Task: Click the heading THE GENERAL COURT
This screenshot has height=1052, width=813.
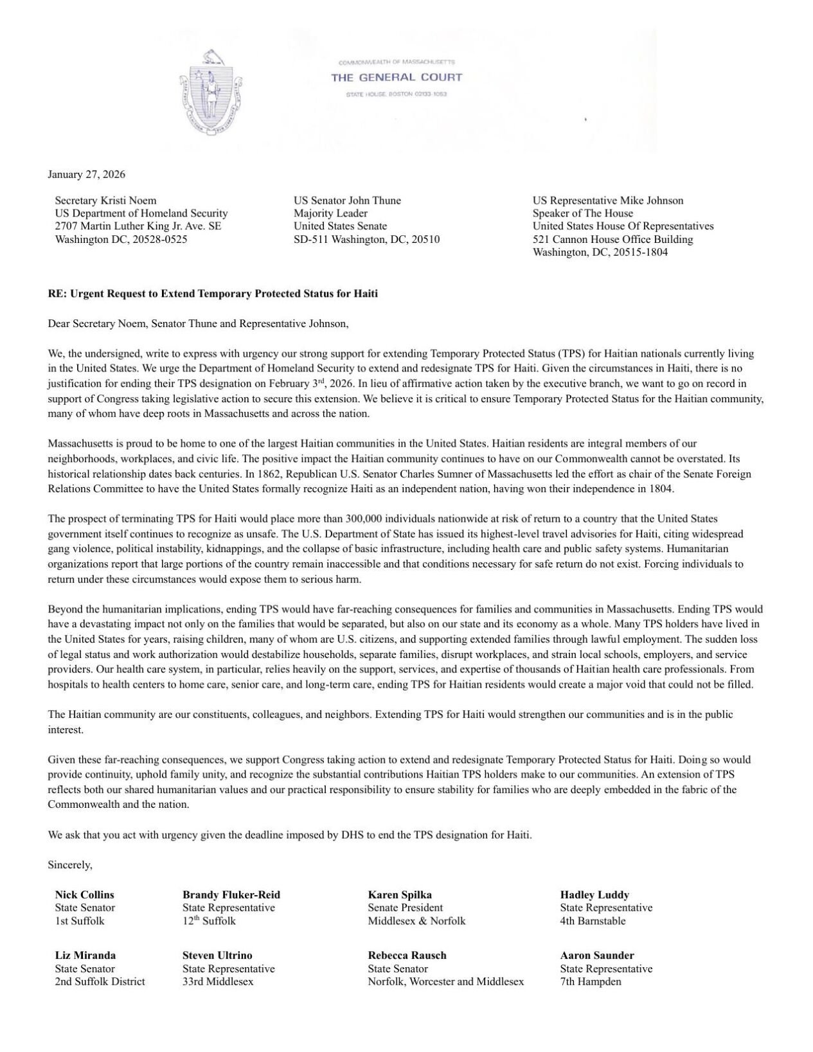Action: (x=397, y=78)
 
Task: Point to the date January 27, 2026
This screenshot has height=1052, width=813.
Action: (x=87, y=175)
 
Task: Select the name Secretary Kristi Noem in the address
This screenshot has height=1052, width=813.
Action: (x=105, y=201)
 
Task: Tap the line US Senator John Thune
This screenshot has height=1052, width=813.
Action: (x=347, y=201)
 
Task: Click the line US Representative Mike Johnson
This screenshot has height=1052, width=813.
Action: (x=608, y=201)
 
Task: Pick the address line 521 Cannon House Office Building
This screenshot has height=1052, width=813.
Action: (x=612, y=239)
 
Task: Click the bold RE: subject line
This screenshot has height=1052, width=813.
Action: (x=213, y=294)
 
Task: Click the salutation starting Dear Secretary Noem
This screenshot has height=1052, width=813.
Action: (x=198, y=323)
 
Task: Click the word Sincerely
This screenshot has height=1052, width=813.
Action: (x=70, y=865)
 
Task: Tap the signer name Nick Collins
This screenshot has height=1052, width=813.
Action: (x=85, y=895)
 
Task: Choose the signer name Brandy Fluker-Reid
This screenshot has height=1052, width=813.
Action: (x=231, y=895)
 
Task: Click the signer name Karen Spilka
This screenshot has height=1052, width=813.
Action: (x=400, y=895)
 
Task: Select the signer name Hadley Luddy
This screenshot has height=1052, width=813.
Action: (x=594, y=895)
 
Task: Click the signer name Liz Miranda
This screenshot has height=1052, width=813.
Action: (x=85, y=956)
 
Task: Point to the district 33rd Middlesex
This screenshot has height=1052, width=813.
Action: (x=218, y=981)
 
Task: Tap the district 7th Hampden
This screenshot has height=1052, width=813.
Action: (x=591, y=981)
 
